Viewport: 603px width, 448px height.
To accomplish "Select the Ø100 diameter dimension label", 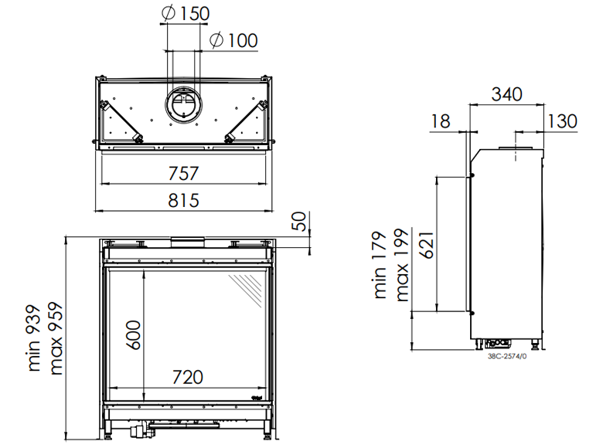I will point(233,40).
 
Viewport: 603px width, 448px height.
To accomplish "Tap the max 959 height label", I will point(56,338).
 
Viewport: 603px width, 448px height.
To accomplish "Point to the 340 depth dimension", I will point(506,94).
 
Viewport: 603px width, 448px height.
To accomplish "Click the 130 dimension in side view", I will point(561,120).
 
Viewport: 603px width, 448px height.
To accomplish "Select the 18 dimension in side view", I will point(440,120).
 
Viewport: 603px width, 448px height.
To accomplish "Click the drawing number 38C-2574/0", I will point(507,356).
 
